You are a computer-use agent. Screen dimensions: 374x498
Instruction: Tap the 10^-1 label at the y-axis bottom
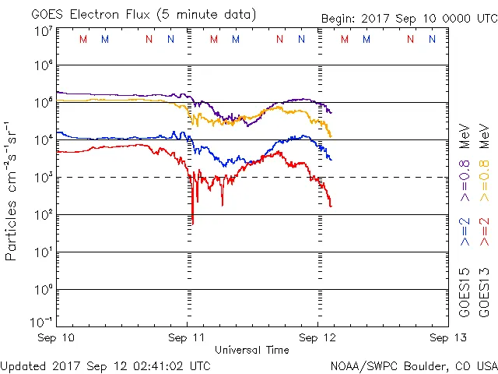click(x=41, y=322)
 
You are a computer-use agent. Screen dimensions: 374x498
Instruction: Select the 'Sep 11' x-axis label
click(x=188, y=338)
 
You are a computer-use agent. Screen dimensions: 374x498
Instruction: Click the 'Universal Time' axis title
click(x=252, y=350)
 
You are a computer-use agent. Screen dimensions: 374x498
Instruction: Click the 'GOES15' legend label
click(x=465, y=293)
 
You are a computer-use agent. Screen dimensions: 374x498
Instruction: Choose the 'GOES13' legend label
click(x=485, y=293)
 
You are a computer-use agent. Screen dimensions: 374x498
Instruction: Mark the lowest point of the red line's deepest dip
click(x=192, y=224)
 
